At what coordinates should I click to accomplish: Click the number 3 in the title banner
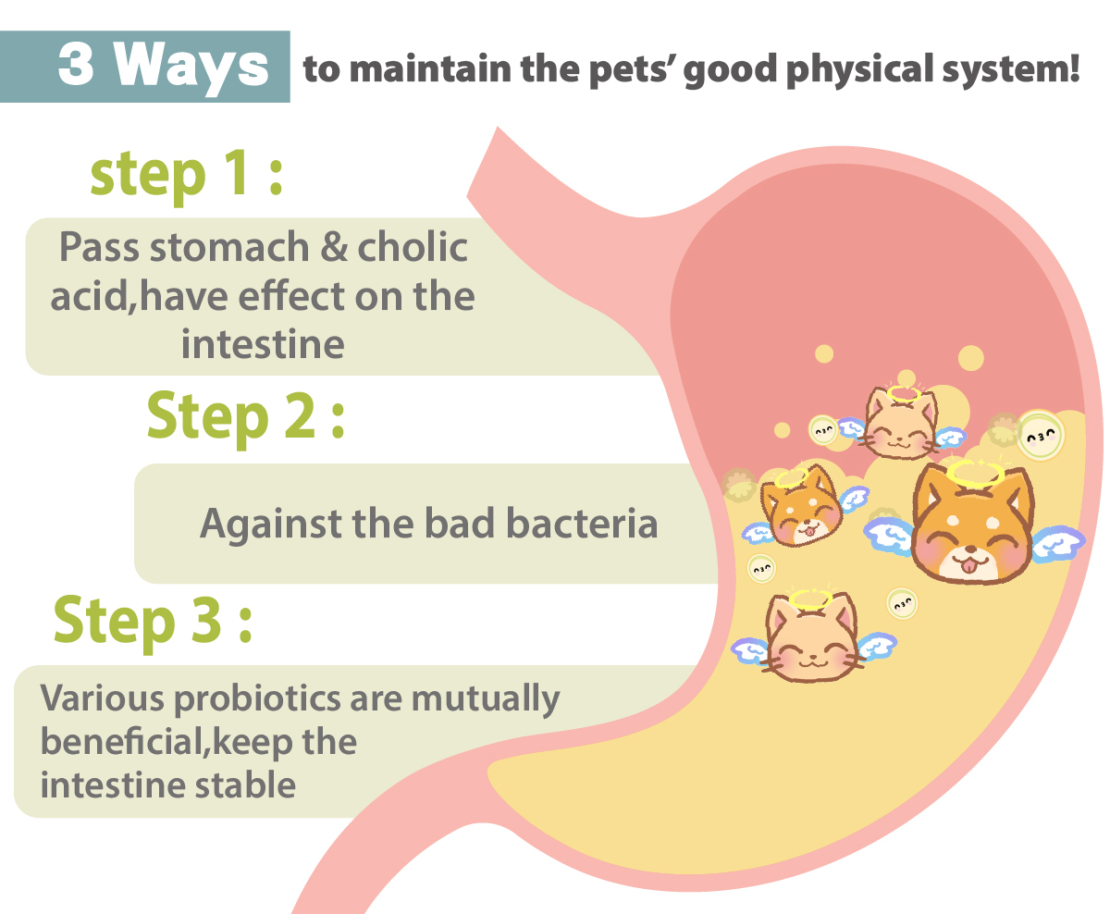[x=77, y=64]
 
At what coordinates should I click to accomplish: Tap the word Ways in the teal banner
[x=191, y=68]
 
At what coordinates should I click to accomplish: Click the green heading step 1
[x=187, y=174]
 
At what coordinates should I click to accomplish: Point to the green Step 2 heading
[x=246, y=417]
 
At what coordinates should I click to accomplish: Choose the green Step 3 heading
[x=154, y=622]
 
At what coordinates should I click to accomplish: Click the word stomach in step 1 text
[x=229, y=246]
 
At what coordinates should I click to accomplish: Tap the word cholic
[x=413, y=246]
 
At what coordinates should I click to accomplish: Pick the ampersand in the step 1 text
[x=334, y=247]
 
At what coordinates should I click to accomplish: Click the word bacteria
[x=582, y=523]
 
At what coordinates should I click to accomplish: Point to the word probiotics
[x=257, y=699]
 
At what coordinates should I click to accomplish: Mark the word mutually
[x=486, y=699]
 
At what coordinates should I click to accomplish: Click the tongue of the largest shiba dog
[x=968, y=566]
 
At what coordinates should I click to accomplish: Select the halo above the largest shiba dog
[x=975, y=473]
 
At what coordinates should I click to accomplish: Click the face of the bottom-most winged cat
[x=812, y=638]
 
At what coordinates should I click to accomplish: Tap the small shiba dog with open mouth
[x=801, y=506]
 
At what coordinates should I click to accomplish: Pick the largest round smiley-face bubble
[x=1040, y=435]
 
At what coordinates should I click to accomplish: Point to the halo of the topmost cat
[x=904, y=394]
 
